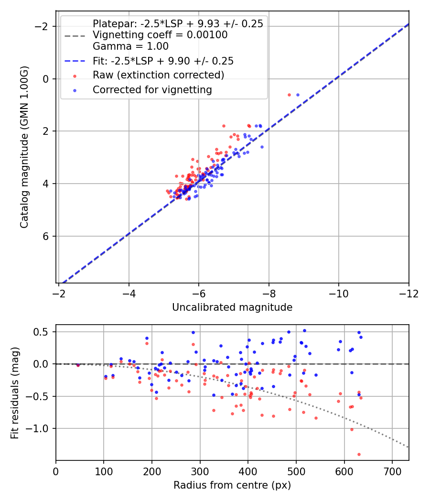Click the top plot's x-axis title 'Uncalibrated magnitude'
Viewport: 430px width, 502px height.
(x=232, y=307)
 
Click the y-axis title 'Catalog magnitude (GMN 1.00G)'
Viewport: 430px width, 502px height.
(x=24, y=147)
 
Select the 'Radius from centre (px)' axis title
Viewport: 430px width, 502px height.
(x=232, y=485)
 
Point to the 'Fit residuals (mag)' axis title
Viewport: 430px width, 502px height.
(x=15, y=393)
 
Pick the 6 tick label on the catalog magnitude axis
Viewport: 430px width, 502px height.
(x=46, y=236)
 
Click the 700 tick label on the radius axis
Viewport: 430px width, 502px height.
(x=392, y=471)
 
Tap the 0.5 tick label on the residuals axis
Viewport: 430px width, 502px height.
(x=43, y=332)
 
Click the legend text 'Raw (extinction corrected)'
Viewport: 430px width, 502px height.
(x=158, y=75)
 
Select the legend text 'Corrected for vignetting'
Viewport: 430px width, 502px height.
(x=152, y=89)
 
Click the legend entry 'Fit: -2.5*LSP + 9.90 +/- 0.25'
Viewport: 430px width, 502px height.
(x=163, y=61)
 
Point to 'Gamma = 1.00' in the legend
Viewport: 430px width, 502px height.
(x=130, y=46)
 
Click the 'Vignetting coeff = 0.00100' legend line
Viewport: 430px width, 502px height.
(x=160, y=35)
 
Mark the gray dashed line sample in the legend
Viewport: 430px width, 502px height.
(x=75, y=35)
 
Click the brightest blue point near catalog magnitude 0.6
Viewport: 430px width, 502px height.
(x=298, y=95)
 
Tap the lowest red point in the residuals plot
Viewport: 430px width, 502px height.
(x=359, y=454)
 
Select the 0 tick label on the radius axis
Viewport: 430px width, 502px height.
(x=56, y=471)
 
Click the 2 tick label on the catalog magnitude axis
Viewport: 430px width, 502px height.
(x=46, y=131)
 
